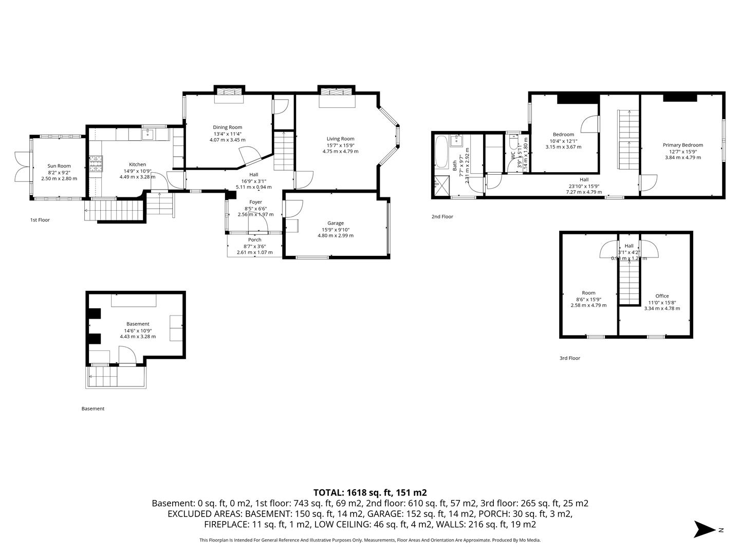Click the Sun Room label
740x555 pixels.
[59, 166]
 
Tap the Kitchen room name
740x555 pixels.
[137, 164]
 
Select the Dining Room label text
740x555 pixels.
[227, 127]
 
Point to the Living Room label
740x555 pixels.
[340, 139]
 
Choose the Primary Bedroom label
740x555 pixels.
[682, 145]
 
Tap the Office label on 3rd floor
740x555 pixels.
[662, 296]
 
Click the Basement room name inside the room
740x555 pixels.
[138, 324]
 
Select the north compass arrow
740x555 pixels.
[704, 529]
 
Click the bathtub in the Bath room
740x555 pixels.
[441, 152]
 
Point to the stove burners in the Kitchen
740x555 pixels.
[96, 165]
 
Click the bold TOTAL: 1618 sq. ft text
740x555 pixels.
[369, 492]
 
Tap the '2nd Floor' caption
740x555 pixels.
[442, 217]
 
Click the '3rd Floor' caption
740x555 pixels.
[569, 358]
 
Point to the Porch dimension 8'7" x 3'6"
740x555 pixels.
[254, 246]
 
